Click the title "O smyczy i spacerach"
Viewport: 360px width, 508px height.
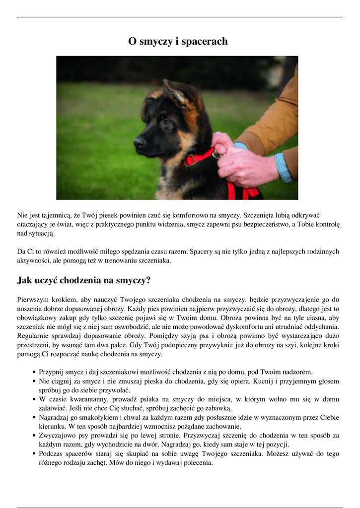178,41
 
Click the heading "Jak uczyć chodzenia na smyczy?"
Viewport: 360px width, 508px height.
83,280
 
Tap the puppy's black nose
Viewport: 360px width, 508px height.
139,142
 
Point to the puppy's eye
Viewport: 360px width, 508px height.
165,121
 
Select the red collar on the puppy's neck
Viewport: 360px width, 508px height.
199,158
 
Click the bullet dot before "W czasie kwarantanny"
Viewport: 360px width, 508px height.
33,399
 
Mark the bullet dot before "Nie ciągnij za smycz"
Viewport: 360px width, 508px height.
33,381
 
